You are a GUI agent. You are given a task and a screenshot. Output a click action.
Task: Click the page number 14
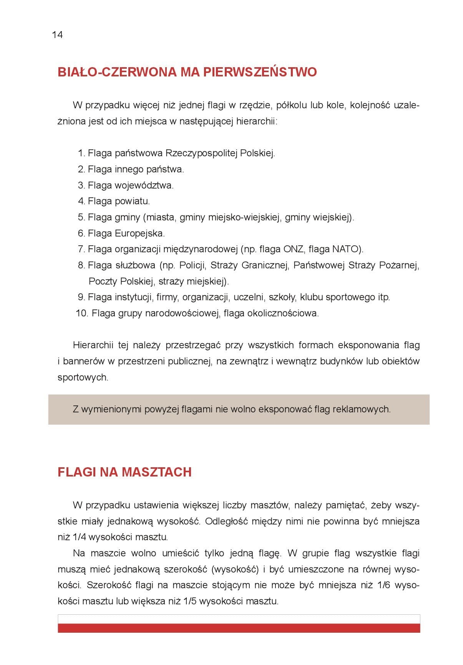point(57,35)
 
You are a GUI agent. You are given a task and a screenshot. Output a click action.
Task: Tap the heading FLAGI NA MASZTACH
point(124,472)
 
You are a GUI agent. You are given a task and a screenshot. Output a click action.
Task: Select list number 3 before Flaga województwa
point(81,185)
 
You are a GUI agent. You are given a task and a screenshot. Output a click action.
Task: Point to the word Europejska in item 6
point(139,233)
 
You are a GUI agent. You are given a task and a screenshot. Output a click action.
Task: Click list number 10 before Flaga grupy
point(82,313)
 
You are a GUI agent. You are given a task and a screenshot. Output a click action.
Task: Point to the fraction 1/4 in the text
point(79,537)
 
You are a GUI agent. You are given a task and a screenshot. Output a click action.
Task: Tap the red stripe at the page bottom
point(239,628)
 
